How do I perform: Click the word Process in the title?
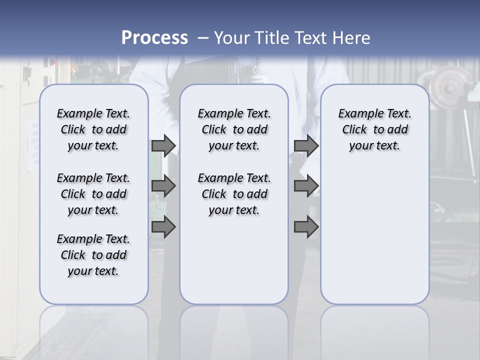[154, 37]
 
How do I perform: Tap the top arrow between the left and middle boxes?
[163, 145]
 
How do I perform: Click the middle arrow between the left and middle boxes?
[163, 186]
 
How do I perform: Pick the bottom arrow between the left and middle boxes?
[163, 227]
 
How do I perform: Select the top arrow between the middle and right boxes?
[306, 145]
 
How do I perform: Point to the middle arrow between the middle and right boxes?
[306, 186]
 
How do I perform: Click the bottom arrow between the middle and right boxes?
[306, 227]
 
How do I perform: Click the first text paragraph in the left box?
[93, 129]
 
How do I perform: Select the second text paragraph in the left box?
[93, 194]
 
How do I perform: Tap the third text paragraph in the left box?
[93, 255]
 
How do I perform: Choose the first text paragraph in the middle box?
[234, 129]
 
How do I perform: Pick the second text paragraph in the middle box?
[234, 194]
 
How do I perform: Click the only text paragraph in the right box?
[374, 129]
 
